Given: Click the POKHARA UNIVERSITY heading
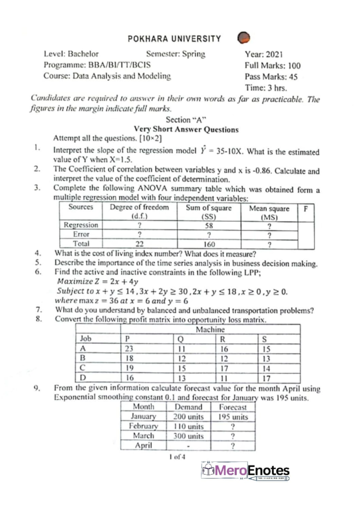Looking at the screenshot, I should pyautogui.click(x=174, y=38).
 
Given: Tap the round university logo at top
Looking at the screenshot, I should pyautogui.click(x=244, y=39).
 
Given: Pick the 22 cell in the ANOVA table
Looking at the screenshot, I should pyautogui.click(x=140, y=244).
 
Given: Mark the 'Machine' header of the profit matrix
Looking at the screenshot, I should pyautogui.click(x=211, y=330).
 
